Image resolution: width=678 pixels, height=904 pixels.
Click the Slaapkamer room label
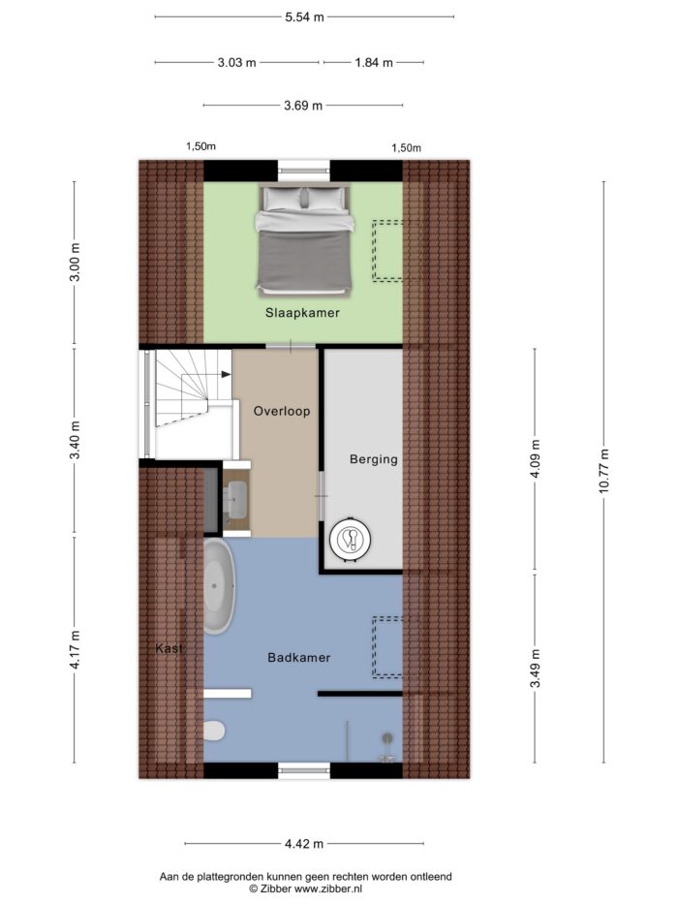point(302,313)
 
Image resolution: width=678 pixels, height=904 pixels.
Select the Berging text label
point(374,459)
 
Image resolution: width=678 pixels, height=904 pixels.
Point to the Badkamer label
point(298,657)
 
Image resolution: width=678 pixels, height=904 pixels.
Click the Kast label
point(169,648)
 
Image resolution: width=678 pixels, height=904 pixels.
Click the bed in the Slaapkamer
point(304,240)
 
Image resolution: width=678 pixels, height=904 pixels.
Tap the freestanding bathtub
point(219,586)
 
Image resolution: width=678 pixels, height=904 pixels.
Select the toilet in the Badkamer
point(214,731)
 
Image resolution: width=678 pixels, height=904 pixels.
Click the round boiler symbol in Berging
point(351,540)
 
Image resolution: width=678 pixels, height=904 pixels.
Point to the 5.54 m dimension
point(304,17)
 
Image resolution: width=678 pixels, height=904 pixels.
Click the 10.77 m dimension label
point(603,471)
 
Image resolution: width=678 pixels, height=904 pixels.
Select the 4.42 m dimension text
point(304,844)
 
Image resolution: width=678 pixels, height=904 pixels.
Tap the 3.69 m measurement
point(303,106)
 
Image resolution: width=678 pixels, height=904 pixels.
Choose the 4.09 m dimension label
point(535,458)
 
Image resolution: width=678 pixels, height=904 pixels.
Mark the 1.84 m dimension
point(374,62)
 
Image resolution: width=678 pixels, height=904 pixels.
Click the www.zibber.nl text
point(328,888)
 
